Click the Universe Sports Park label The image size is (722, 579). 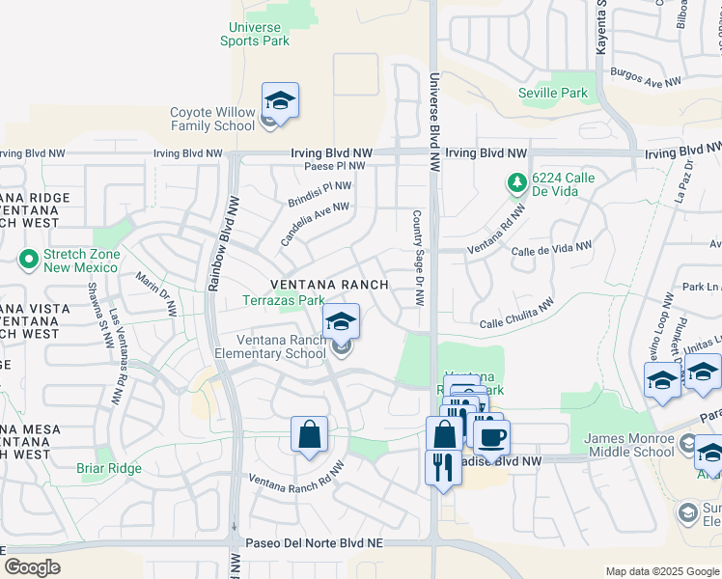pos(255,34)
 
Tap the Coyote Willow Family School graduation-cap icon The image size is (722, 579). pos(280,101)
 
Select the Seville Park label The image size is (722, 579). pos(552,94)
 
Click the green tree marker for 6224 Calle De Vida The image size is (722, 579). pos(517,182)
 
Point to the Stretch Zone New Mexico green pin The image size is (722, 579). pos(28,259)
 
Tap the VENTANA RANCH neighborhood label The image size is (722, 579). pos(329,285)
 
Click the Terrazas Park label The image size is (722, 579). pos(282,300)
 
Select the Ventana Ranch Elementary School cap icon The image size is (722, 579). pos(341,322)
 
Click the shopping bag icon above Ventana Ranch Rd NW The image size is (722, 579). pos(309,435)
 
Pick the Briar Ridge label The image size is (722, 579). pos(109,469)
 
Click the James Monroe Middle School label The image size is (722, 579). pos(628,445)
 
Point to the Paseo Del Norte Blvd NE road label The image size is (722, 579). pos(315,544)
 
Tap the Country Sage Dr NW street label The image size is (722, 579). pos(418,259)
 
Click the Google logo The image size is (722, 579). pos(32,567)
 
